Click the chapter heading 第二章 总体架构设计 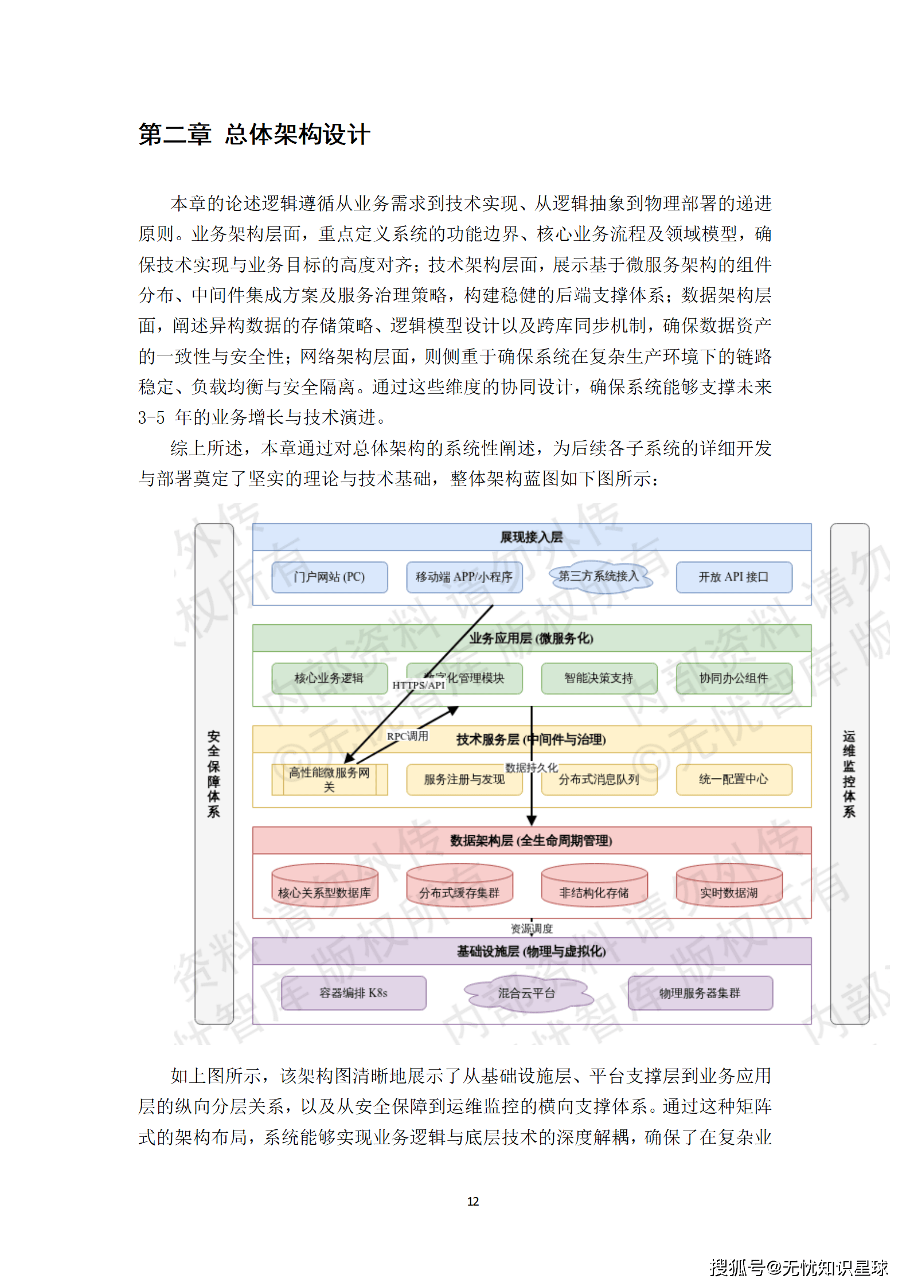pyautogui.click(x=254, y=135)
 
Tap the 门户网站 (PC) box pyautogui.click(x=329, y=577)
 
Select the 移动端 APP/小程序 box pyautogui.click(x=464, y=577)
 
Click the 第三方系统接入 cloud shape pyautogui.click(x=599, y=576)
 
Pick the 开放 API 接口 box pyautogui.click(x=733, y=577)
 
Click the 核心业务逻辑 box pyautogui.click(x=329, y=678)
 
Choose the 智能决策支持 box pyautogui.click(x=599, y=678)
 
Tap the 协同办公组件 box pyautogui.click(x=733, y=678)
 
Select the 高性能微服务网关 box pyautogui.click(x=329, y=779)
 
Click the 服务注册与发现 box pyautogui.click(x=464, y=780)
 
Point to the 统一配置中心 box pyautogui.click(x=733, y=779)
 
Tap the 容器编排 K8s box pyautogui.click(x=353, y=993)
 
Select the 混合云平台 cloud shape pyautogui.click(x=526, y=993)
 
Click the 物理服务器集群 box pyautogui.click(x=700, y=993)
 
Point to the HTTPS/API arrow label pyautogui.click(x=419, y=685)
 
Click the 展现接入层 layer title pyautogui.click(x=532, y=537)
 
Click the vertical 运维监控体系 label pyautogui.click(x=849, y=773)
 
